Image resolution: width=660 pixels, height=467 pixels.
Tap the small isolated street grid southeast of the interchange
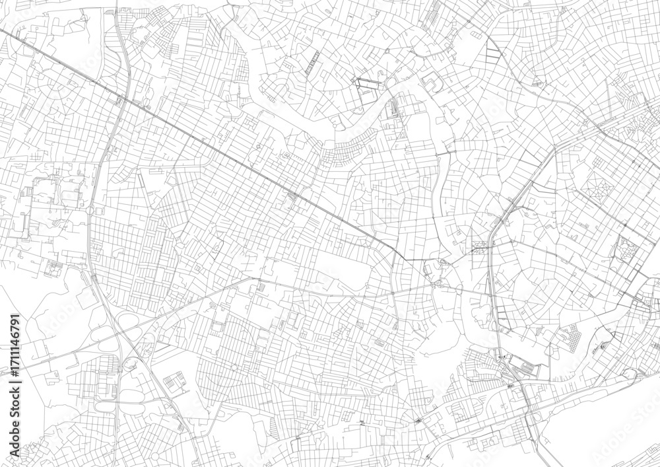pyautogui.click(x=173, y=382)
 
